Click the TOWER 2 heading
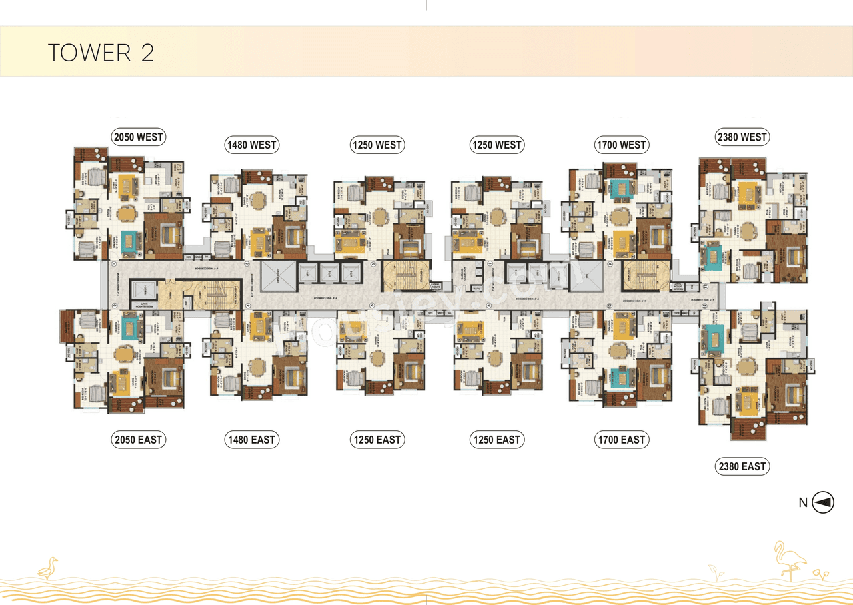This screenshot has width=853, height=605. [101, 53]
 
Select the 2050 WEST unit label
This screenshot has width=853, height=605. [138, 137]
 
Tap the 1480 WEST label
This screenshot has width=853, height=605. [251, 145]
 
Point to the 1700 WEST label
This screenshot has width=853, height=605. [622, 145]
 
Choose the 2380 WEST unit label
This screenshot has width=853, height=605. [742, 137]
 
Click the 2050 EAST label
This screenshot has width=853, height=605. [138, 440]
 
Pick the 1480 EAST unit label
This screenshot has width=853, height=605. [251, 440]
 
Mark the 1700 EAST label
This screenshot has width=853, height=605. [622, 440]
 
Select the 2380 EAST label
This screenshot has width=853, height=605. [742, 466]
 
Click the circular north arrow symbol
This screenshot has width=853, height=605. [823, 503]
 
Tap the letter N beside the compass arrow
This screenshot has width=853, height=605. [803, 504]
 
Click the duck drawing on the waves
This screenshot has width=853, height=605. [48, 568]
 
